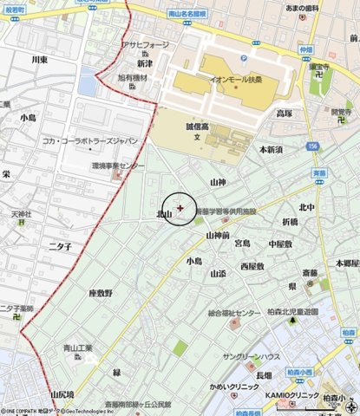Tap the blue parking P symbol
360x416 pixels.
point(244,58)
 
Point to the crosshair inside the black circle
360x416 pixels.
point(180,208)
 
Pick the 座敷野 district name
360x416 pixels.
point(101,294)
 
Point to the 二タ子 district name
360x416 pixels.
point(59,246)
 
